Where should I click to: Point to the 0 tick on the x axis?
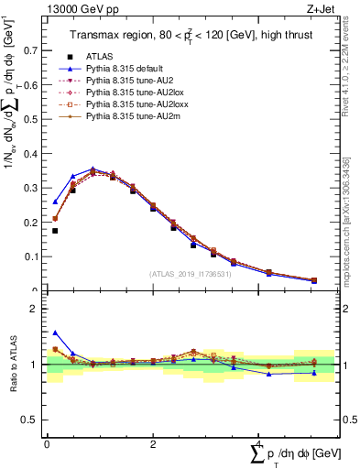click(47, 443)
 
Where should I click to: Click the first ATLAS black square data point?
click(55, 231)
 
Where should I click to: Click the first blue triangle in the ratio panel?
click(55, 333)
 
